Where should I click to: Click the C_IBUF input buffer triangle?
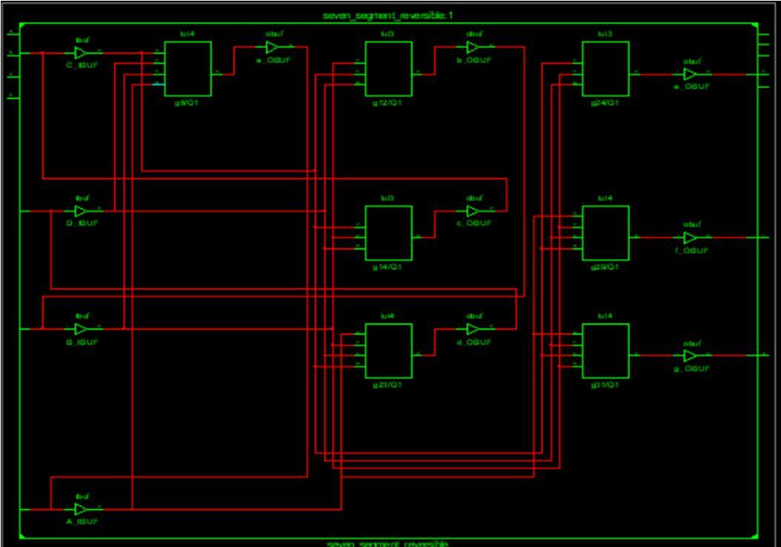coord(81,53)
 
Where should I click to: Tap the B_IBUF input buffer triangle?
coord(81,329)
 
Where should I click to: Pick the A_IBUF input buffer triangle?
coord(81,509)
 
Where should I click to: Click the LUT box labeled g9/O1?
coord(187,69)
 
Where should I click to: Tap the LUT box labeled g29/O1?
coord(605,232)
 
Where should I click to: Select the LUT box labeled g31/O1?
coord(605,351)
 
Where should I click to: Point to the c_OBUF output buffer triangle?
coord(473,211)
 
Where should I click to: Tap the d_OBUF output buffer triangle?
coord(473,329)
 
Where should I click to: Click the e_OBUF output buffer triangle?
coord(690,75)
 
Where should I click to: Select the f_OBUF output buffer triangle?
coord(690,238)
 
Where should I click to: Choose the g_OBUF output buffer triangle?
coord(690,356)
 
